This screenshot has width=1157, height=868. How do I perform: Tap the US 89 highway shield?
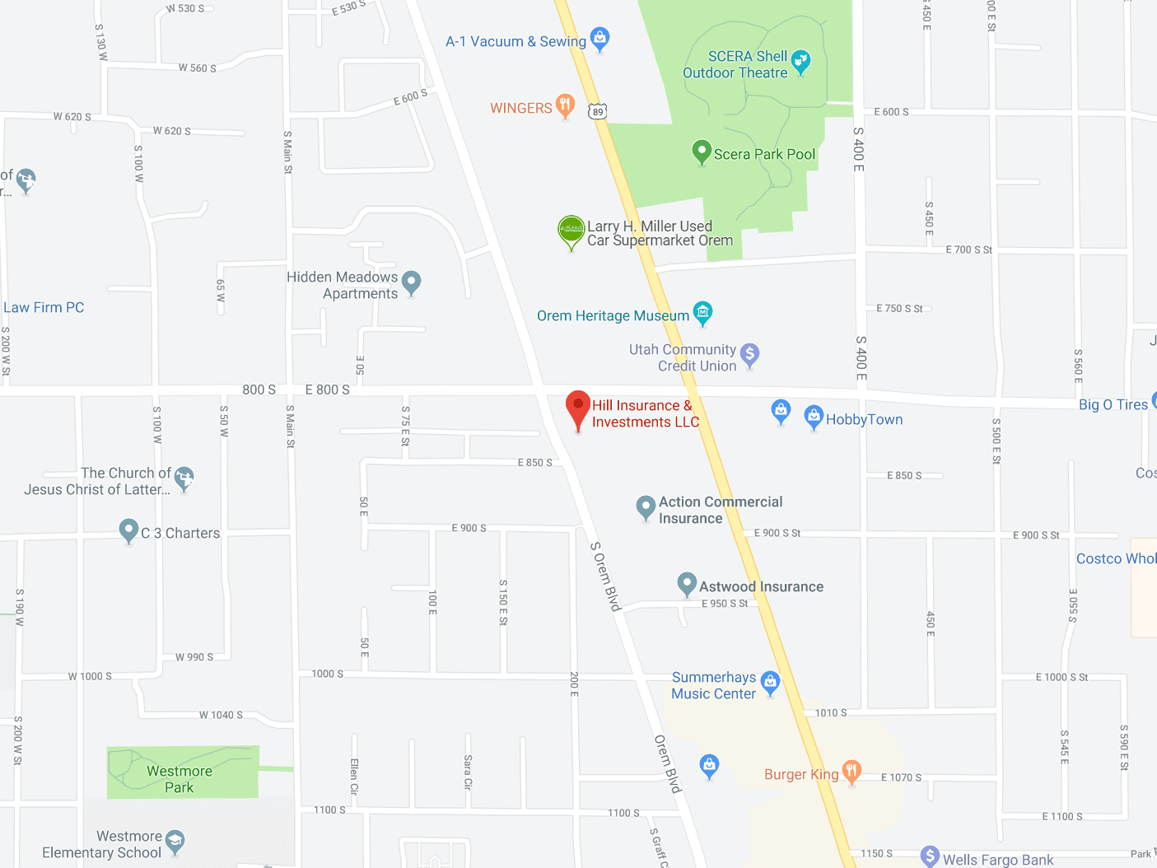point(598,111)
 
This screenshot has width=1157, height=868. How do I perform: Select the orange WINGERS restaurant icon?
point(565,105)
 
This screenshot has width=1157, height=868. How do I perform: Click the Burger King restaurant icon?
point(851,771)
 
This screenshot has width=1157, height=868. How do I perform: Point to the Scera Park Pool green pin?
point(702,151)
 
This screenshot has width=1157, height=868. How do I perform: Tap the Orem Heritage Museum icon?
point(702,311)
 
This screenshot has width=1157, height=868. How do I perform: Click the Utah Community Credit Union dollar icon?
point(749,354)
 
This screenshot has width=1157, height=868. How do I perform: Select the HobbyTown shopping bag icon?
point(814,417)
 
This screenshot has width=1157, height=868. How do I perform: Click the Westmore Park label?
point(180,779)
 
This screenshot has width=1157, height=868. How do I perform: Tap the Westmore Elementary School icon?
point(175,840)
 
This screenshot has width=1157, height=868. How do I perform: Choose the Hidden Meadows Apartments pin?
point(412,282)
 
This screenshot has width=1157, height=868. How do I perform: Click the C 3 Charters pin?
point(128,530)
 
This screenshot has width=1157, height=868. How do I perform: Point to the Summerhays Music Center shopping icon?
point(770,681)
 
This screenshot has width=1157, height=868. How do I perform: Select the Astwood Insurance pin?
point(687,584)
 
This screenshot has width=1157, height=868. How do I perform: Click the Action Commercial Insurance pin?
point(646,506)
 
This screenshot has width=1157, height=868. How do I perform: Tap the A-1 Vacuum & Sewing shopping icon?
point(600,37)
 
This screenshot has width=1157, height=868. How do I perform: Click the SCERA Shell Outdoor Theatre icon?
point(800,60)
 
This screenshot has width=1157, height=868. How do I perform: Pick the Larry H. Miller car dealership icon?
point(572,230)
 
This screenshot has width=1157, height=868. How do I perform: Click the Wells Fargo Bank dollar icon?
point(930,856)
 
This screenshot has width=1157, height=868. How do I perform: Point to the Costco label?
point(1116,558)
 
